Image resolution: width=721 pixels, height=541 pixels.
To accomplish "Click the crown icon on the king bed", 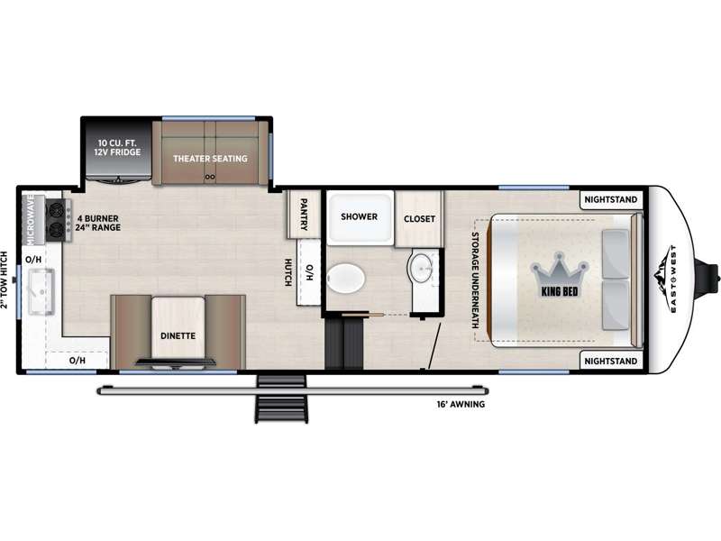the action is pos(560,270).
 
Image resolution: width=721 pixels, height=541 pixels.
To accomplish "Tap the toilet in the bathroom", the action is pos(346,279).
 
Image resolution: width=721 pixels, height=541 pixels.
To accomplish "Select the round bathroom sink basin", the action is pos(420,268).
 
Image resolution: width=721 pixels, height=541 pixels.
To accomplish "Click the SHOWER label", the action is pos(359,216).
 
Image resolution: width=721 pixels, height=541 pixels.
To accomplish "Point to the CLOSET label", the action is pos(419,219).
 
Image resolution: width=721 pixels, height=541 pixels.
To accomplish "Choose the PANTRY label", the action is pos(304,215).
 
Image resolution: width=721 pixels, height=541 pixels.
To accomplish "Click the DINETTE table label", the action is pos(178,335).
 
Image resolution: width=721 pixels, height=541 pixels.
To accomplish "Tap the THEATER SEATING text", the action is pos(210,159).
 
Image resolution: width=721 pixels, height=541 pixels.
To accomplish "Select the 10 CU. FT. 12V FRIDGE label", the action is pos(118,147).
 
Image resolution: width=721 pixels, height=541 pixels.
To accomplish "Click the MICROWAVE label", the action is pos(31,219).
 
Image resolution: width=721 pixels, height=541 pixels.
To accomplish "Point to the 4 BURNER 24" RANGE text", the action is pos(98,223).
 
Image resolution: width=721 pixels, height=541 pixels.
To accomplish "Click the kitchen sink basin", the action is pos(41,291).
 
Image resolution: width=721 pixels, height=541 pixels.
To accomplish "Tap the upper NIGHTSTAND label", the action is pos(611,199).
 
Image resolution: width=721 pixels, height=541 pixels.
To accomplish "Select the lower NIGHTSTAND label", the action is pos(611,362).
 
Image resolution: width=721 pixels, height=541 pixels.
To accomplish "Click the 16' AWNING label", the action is pos(461,404).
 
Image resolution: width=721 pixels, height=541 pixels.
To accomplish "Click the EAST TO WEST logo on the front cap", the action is pos(666,280).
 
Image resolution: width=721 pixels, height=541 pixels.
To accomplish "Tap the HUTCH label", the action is pos(287,272).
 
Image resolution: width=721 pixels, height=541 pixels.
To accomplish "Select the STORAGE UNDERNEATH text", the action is pos(475,280).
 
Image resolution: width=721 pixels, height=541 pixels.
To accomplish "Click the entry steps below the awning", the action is pos(281,399).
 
